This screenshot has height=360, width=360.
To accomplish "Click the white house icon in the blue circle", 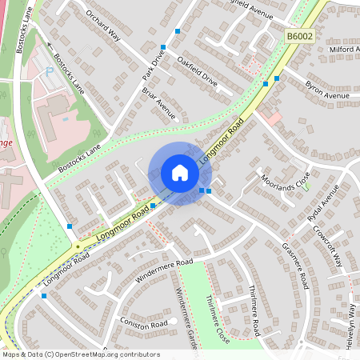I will click(x=180, y=173).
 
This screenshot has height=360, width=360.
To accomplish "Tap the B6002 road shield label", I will click(x=298, y=36).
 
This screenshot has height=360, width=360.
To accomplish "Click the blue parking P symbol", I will click(x=50, y=72).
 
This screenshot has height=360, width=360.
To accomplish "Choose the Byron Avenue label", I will click(x=326, y=90).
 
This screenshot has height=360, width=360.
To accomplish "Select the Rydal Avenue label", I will click(x=323, y=202).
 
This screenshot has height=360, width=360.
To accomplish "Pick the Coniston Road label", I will click(x=146, y=323).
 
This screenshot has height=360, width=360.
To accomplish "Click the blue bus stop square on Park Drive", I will click(x=163, y=47).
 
